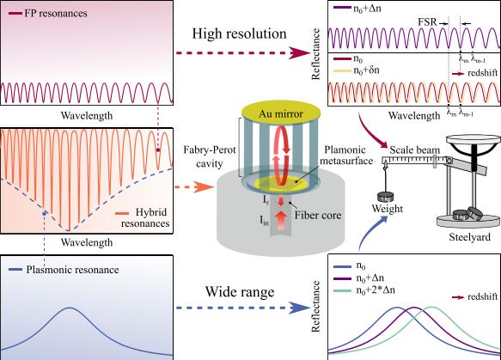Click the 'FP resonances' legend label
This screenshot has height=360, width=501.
56,14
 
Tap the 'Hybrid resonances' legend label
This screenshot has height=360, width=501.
145,217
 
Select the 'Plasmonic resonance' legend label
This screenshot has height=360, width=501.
72,270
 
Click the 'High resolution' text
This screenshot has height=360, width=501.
239,34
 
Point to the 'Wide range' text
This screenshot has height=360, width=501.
240,291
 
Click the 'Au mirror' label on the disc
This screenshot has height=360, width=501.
281,113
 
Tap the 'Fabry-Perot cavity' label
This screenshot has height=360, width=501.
210,156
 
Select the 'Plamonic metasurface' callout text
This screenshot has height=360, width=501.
346,155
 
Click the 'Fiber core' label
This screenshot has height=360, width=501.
318,216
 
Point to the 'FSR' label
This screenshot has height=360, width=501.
427,22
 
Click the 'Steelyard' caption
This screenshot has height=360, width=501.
470,237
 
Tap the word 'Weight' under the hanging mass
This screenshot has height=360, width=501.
388,209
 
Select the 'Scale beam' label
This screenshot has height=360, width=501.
415,149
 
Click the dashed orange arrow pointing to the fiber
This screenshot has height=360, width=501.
194,186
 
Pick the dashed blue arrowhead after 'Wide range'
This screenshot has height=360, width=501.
300,308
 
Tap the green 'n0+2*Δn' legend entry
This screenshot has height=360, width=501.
364,290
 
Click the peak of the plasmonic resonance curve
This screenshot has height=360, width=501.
70,308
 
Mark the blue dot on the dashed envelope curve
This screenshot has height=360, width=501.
45,212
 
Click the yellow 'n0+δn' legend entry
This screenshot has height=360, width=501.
357,70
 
